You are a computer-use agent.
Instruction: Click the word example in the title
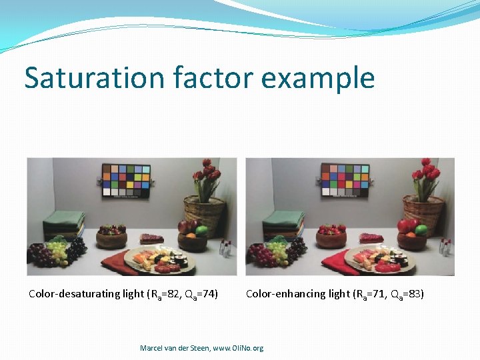[318, 78]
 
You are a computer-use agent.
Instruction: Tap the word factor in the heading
[209, 77]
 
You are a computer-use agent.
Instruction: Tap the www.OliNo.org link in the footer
[238, 348]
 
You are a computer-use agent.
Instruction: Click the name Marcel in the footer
[153, 348]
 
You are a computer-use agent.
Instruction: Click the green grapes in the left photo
[59, 251]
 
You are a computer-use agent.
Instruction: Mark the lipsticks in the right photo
[444, 247]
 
